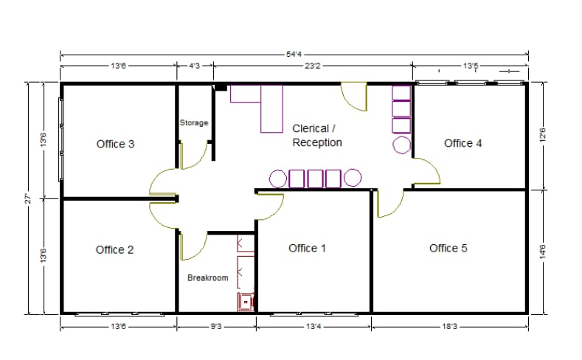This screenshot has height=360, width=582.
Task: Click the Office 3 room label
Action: pyautogui.click(x=115, y=144)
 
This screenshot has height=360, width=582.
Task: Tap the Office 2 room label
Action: pyautogui.click(x=114, y=250)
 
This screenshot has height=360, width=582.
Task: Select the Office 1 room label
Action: pyautogui.click(x=307, y=249)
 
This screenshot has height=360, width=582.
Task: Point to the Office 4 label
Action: pyautogui.click(x=463, y=143)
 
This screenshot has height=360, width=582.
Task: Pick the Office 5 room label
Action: pyautogui.click(x=448, y=249)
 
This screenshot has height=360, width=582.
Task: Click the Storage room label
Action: pyautogui.click(x=194, y=122)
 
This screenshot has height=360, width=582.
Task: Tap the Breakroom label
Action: pyautogui.click(x=207, y=278)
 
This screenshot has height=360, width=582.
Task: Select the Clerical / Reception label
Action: pyautogui.click(x=317, y=135)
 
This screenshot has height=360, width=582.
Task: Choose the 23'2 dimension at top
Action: pyautogui.click(x=313, y=66)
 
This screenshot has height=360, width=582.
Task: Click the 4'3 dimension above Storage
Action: pyautogui.click(x=195, y=66)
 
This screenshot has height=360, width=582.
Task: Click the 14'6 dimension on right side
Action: pyautogui.click(x=542, y=251)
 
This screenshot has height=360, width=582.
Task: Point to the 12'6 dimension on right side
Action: pyautogui.click(x=542, y=136)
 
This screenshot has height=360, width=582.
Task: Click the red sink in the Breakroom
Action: pyautogui.click(x=245, y=300)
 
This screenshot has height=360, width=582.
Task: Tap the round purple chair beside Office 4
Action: pyautogui.click(x=402, y=144)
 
